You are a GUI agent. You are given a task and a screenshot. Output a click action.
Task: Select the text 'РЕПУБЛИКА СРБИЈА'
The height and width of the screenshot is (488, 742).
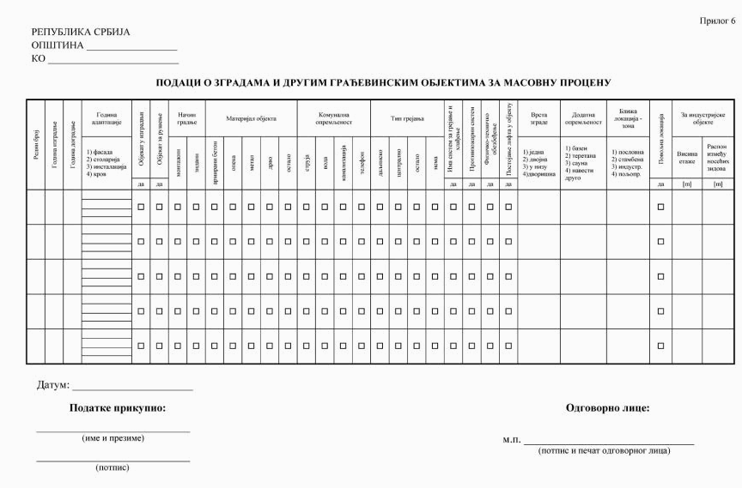81,33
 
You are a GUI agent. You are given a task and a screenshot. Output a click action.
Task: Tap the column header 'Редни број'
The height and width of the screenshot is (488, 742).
34,145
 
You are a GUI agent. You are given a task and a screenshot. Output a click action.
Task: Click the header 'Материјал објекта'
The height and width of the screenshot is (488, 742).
251,118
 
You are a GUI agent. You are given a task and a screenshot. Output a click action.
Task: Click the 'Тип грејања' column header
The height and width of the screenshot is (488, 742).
407,118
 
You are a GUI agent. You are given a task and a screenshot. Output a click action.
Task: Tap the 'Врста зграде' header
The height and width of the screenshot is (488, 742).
538,118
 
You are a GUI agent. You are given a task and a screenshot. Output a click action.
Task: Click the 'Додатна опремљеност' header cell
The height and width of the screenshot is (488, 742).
583,118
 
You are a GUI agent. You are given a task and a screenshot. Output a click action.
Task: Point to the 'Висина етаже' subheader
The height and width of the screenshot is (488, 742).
686,157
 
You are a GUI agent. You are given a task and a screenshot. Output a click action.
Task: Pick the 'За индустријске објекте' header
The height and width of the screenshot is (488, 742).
702,118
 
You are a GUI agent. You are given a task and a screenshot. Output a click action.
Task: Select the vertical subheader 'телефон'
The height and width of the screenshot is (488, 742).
361,157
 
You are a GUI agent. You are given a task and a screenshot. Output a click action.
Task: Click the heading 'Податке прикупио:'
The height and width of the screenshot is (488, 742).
118,408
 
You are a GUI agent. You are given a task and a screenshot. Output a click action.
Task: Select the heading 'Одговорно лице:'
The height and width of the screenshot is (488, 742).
608,408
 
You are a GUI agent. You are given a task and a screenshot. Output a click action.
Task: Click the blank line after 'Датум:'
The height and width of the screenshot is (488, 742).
132,389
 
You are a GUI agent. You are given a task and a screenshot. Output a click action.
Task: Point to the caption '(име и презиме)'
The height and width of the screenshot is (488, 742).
113,438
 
